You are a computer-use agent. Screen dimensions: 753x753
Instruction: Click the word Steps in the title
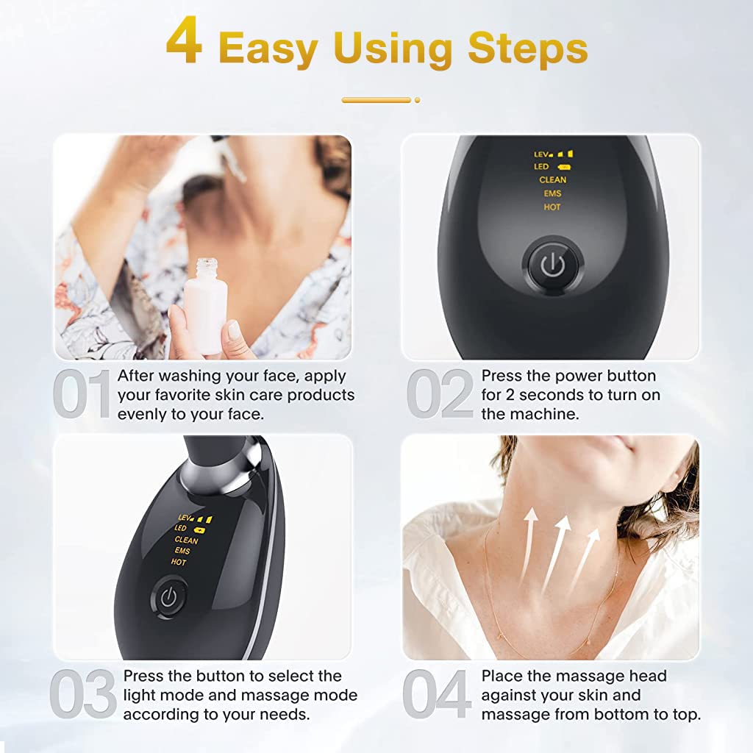[528, 48]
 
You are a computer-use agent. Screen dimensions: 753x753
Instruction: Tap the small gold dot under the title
[418, 100]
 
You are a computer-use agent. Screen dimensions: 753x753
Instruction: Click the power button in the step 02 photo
[553, 265]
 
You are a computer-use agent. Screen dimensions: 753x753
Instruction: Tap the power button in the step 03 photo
[168, 598]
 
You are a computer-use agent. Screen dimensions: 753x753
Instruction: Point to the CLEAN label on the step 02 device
[553, 179]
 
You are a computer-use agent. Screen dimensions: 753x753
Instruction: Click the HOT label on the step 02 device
[552, 207]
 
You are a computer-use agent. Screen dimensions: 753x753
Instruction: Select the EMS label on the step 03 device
[182, 551]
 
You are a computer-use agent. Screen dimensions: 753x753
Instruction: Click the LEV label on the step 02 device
[541, 154]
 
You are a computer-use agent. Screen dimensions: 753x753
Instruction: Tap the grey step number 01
[82, 394]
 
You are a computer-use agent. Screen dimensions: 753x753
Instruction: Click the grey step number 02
[440, 394]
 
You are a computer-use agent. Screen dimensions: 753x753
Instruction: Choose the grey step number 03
[83, 693]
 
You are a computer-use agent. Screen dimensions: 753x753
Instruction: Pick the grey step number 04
[437, 693]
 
